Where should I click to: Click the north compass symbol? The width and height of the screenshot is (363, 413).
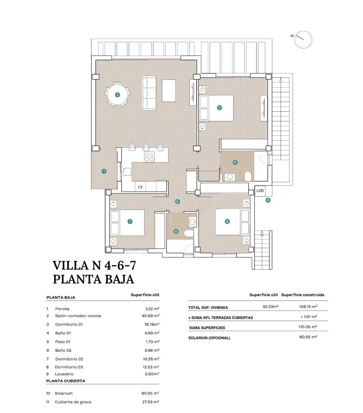click(x=303, y=39)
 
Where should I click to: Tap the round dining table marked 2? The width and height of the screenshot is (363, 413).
click(x=118, y=95)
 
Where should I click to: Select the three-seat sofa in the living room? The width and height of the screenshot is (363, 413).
click(x=149, y=93)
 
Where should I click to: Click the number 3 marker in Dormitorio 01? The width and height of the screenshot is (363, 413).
click(x=219, y=108)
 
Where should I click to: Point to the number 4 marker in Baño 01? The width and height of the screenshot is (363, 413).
click(x=235, y=162)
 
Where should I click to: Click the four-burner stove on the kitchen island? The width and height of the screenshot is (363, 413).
click(x=149, y=157)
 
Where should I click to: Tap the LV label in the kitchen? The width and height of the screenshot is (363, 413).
click(x=140, y=187)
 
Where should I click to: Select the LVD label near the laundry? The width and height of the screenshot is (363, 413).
click(x=260, y=190)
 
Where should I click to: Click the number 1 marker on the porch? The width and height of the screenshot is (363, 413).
click(x=104, y=171)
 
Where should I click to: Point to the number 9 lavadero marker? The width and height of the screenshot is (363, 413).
click(x=268, y=200)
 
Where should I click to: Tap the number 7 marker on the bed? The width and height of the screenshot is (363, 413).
click(x=130, y=221)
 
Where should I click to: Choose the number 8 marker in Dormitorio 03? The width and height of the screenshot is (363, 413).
click(x=227, y=221)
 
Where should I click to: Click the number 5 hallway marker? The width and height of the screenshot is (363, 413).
click(x=177, y=202)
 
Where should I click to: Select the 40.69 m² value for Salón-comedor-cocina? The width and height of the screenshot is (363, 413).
click(x=150, y=316)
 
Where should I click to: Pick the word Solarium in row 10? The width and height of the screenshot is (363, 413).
click(x=63, y=393)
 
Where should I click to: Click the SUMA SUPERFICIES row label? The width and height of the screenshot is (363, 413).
click(x=207, y=328)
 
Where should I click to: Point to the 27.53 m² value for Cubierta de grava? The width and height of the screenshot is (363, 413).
click(x=150, y=402)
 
